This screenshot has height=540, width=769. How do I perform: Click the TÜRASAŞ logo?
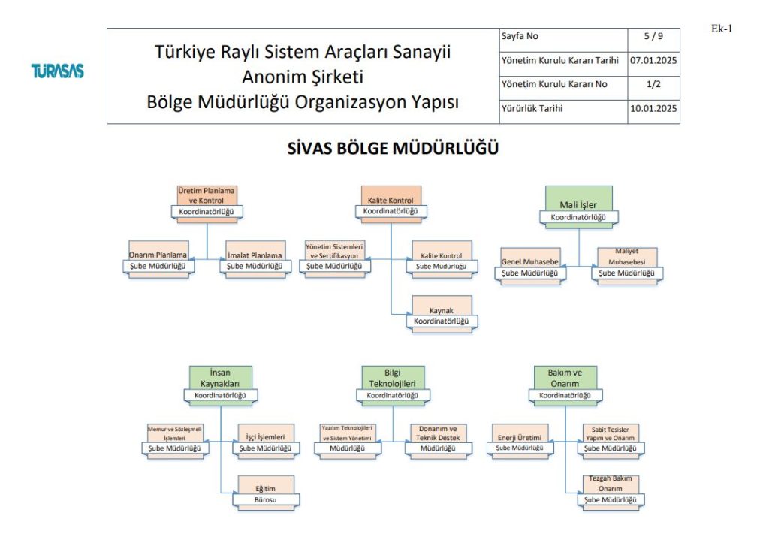[x=57, y=72]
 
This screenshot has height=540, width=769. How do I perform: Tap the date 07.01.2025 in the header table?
[x=653, y=60]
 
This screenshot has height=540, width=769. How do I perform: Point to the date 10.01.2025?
[x=653, y=109]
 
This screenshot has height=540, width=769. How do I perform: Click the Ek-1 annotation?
[x=721, y=29]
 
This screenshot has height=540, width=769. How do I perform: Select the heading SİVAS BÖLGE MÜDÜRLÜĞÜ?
[x=393, y=149]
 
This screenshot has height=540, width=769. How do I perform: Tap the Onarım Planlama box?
[x=158, y=260]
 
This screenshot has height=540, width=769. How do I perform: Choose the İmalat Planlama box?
[x=255, y=260]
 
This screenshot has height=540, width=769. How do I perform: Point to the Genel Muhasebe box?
[x=531, y=267]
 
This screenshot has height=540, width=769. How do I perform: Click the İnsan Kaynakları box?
[x=220, y=382]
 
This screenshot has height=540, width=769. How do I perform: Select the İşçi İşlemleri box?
[x=265, y=442]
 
